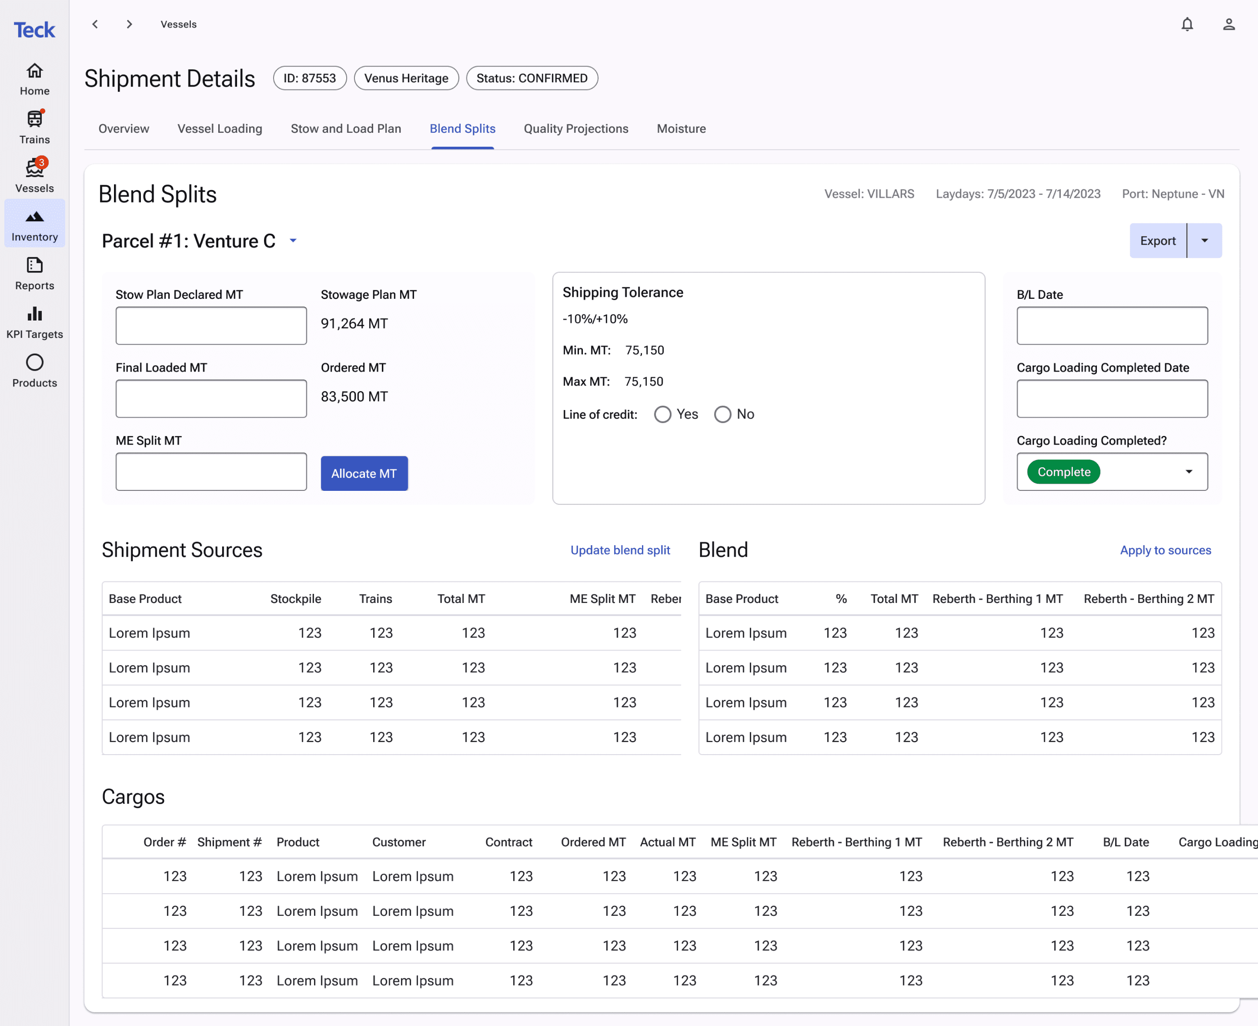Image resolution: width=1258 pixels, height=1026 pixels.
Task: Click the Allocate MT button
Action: [x=364, y=474]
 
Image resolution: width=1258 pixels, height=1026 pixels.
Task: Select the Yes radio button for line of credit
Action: [x=663, y=414]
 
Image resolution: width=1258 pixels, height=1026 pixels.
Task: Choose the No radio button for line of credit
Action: [x=723, y=414]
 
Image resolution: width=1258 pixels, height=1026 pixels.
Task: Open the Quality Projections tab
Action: [x=576, y=129]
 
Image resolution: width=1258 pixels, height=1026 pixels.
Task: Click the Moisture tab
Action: [x=681, y=129]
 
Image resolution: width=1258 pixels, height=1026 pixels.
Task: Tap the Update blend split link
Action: [x=620, y=550]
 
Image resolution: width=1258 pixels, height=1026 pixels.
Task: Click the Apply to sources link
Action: [x=1165, y=550]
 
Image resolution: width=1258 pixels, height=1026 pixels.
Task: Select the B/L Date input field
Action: [x=1112, y=326]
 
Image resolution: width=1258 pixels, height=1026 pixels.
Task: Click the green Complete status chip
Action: [x=1064, y=472]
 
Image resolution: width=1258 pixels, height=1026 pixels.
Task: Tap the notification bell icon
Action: [x=1187, y=24]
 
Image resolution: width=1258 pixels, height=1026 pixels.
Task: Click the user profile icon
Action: [x=1229, y=24]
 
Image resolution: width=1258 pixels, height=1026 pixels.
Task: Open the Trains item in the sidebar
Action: [x=35, y=127]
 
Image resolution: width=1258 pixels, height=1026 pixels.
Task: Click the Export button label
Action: [x=1157, y=241]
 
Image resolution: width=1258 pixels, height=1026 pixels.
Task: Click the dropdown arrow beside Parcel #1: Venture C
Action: [x=293, y=241]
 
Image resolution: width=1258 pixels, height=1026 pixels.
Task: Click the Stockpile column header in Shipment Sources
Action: [x=296, y=599]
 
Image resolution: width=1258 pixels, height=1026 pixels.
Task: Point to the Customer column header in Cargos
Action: [x=399, y=842]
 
